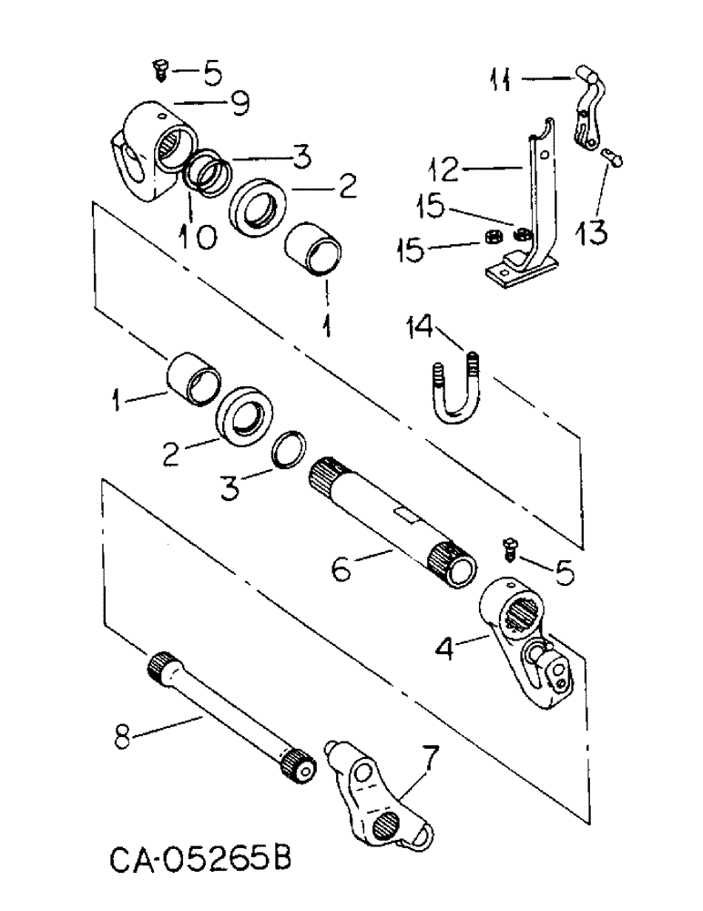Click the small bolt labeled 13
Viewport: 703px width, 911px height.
pos(611,159)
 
